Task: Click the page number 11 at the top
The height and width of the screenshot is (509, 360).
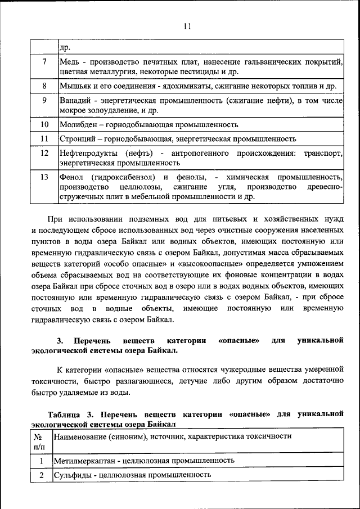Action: [187, 26]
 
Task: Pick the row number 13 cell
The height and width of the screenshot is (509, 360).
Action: [44, 177]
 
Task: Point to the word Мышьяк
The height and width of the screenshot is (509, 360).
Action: [75, 86]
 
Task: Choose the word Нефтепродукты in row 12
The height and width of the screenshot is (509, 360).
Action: [88, 153]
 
